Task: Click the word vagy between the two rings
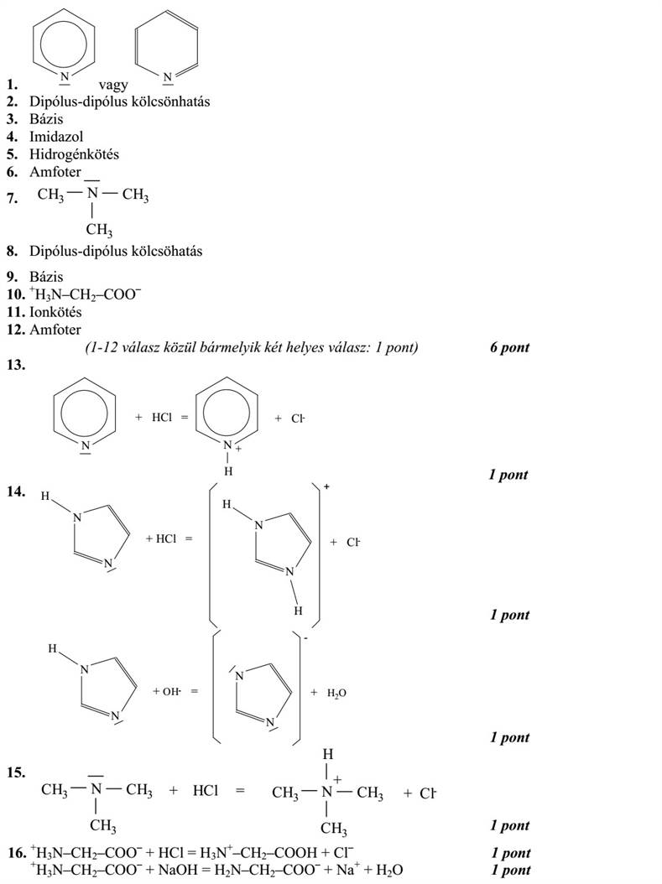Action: tap(113, 86)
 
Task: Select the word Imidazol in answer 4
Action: tap(56, 137)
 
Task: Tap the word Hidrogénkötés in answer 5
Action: tap(74, 154)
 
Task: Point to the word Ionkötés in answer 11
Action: tap(55, 312)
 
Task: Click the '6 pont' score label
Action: tap(510, 347)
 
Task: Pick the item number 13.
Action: tap(16, 365)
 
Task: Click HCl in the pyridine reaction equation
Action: tap(162, 418)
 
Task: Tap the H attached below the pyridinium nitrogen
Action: tap(228, 471)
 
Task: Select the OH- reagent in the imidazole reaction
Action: tap(171, 691)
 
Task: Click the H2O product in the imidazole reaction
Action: tap(336, 693)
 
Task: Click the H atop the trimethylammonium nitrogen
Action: tap(327, 754)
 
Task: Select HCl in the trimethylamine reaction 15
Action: tap(206, 790)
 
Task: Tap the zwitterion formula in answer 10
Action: tap(85, 294)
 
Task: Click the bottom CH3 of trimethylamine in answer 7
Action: tap(99, 230)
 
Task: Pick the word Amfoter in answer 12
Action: tap(55, 330)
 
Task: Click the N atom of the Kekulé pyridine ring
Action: tap(167, 77)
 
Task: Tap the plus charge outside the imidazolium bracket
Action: tap(326, 487)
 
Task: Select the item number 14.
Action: tap(16, 491)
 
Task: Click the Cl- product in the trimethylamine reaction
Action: tap(428, 793)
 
